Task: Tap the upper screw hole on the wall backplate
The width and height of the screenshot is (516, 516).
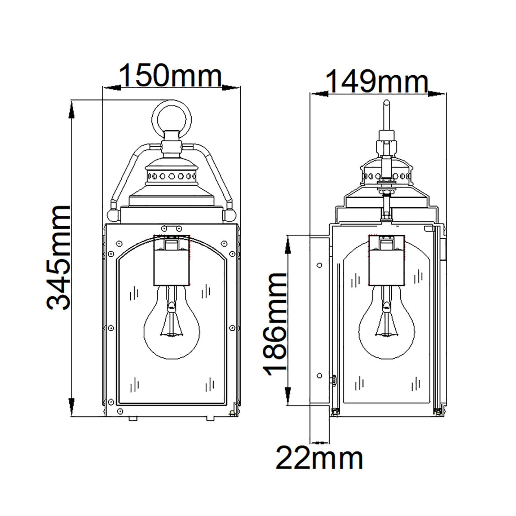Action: click(319, 265)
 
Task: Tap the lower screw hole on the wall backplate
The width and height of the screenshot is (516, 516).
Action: click(319, 375)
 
